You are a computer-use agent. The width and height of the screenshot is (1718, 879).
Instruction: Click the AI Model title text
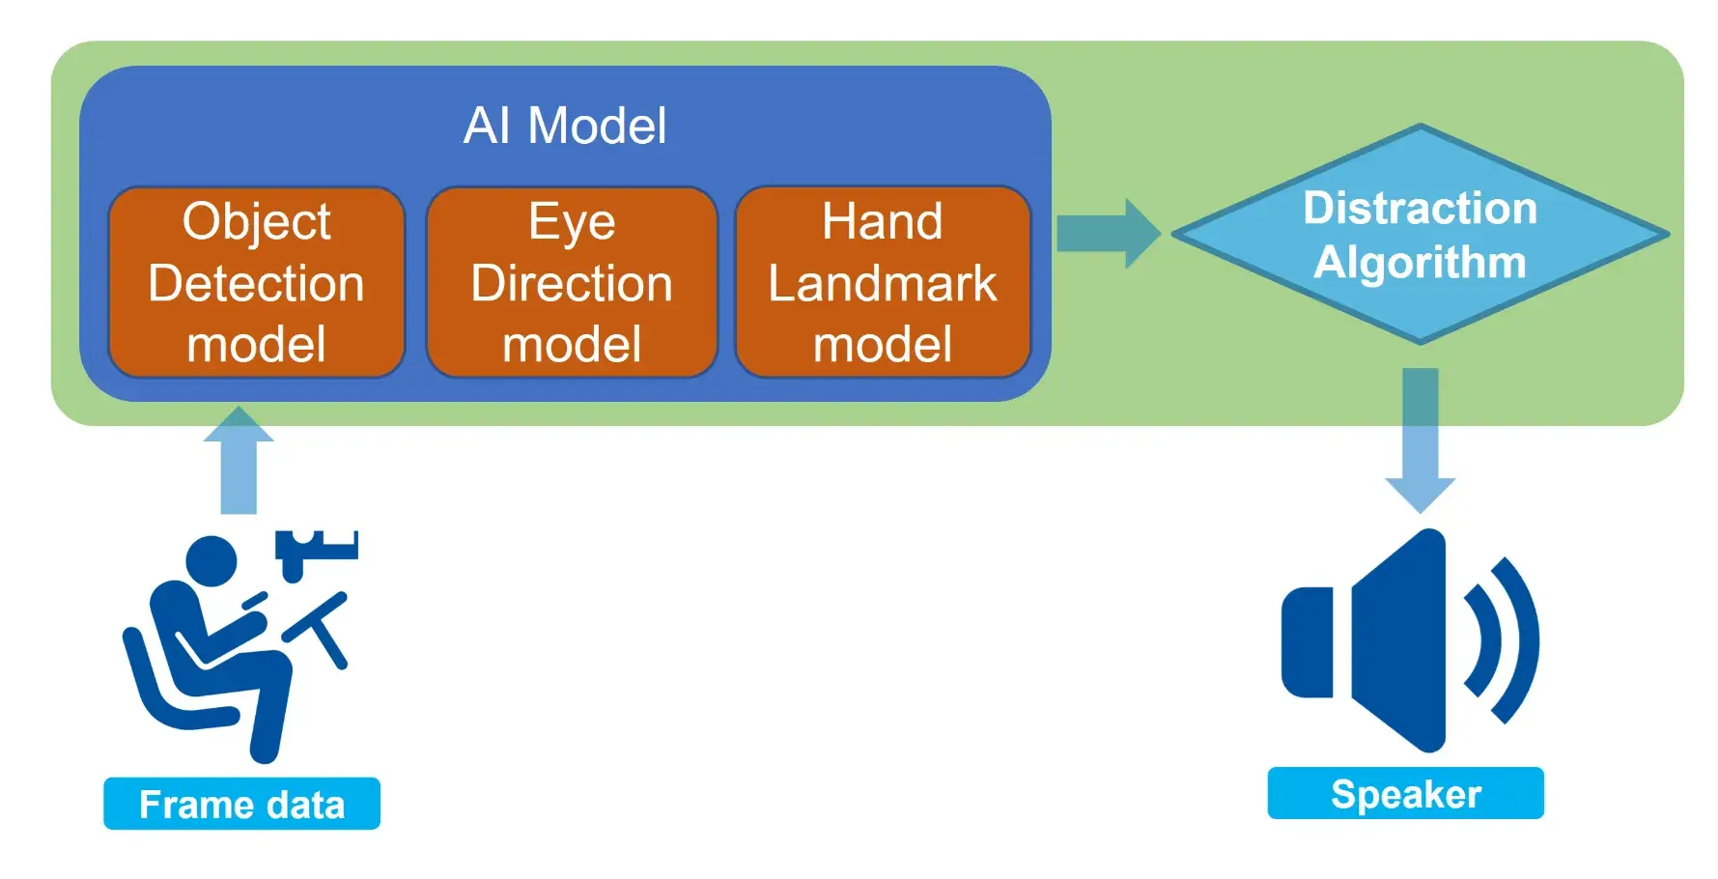[565, 126]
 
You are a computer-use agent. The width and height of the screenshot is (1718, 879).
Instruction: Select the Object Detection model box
[256, 281]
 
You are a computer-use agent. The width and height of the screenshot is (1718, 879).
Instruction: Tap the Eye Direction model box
[572, 281]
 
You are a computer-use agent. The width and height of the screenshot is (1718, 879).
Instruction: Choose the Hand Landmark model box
[883, 281]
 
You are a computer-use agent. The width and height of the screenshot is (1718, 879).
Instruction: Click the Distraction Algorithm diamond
[1420, 235]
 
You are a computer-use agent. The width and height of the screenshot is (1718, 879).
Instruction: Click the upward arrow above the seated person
[239, 461]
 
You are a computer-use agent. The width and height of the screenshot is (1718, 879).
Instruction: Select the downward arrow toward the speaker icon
[1420, 439]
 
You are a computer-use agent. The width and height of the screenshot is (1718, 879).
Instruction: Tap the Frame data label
[241, 804]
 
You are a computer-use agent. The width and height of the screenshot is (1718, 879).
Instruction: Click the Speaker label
[1405, 794]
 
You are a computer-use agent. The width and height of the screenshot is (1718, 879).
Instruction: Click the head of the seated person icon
[211, 561]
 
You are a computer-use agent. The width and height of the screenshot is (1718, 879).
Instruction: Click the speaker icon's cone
[1400, 639]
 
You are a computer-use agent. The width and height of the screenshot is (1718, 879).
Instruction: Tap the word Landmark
[883, 283]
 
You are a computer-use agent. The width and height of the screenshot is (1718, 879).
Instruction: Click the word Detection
[256, 283]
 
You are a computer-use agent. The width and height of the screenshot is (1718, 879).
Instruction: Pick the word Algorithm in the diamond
[1420, 262]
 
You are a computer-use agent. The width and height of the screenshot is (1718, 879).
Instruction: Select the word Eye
[572, 221]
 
